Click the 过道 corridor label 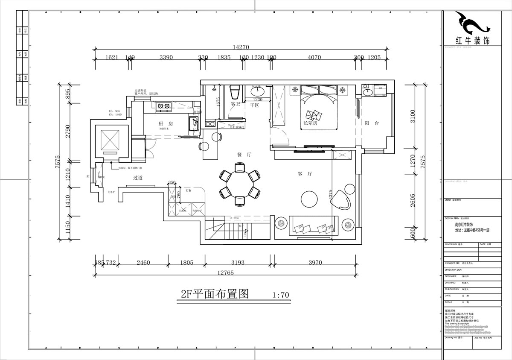click(137, 178)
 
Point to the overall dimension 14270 click(240, 47)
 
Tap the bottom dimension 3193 click(237, 263)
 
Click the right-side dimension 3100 click(412, 116)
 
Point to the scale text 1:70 click(280, 295)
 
